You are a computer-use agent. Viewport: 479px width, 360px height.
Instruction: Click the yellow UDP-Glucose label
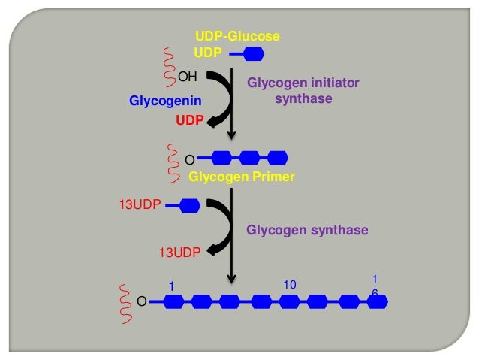pos(237,36)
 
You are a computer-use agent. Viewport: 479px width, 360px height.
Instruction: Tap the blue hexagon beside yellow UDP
pos(252,53)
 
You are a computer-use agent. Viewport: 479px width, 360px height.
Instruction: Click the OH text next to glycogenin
pos(187,76)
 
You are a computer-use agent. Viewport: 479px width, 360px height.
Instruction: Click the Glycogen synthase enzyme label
pos(307,230)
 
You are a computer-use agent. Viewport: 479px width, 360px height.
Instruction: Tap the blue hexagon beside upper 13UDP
pos(189,204)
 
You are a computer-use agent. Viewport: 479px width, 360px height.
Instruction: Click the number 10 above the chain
pos(291,286)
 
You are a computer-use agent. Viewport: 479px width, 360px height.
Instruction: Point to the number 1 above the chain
pos(170,286)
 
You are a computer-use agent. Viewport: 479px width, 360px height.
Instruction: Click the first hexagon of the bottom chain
pos(173,302)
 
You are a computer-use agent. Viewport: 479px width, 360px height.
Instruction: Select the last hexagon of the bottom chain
pos(378,302)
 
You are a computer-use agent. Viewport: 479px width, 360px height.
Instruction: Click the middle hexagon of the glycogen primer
pos(249,158)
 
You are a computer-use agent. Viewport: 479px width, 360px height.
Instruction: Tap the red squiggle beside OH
pos(169,66)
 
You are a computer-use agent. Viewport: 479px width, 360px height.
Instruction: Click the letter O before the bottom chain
pos(141,302)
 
